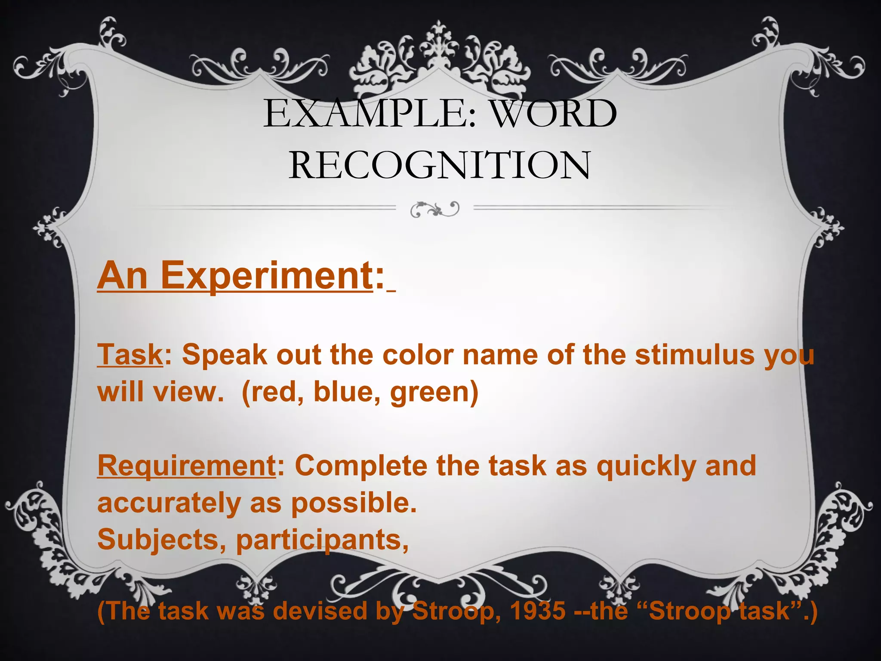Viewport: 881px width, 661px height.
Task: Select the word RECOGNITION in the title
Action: (x=440, y=166)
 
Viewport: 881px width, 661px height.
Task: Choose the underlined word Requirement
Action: (x=187, y=466)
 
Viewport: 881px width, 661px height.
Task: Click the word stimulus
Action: (x=694, y=355)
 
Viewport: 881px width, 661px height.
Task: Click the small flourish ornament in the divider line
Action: (x=435, y=209)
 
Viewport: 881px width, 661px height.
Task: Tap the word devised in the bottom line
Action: (x=320, y=611)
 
